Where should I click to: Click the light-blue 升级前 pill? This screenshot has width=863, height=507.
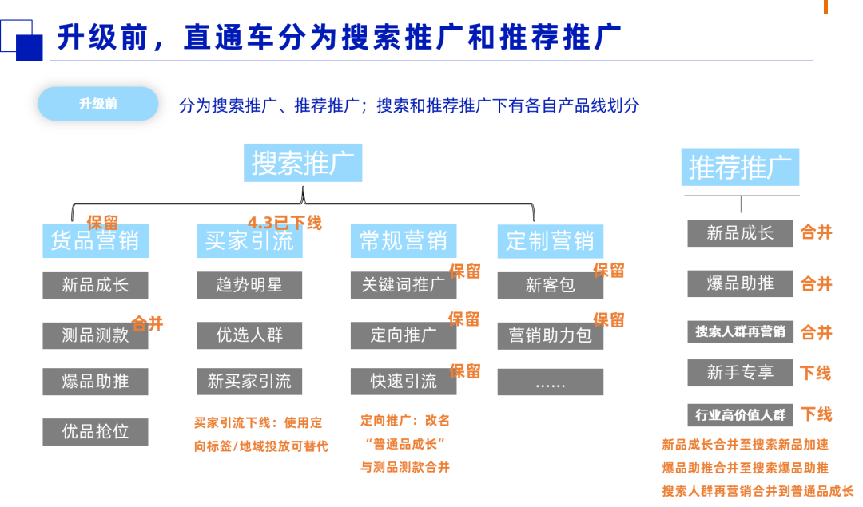point(98,104)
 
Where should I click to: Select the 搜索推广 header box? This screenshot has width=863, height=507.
point(303,163)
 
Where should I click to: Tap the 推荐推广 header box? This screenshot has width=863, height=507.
point(740,167)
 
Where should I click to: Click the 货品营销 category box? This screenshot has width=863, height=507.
point(95,241)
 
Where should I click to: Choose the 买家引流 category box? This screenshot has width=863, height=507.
point(249,241)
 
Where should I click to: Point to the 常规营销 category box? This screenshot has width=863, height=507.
point(403,241)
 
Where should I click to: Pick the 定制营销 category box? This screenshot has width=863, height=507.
point(550,241)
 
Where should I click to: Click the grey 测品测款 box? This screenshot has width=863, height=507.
point(95,335)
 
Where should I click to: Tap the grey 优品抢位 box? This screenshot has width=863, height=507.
point(95,432)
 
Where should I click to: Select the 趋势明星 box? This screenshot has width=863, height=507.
point(249,285)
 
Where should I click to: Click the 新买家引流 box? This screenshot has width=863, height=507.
point(249,382)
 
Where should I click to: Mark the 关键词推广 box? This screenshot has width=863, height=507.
point(403,285)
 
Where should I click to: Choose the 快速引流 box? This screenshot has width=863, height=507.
point(403,382)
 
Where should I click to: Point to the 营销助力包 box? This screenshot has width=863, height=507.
point(550,335)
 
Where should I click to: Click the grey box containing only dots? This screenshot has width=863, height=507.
point(550,382)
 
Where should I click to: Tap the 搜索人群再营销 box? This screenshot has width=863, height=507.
point(740,331)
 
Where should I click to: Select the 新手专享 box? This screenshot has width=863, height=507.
point(740,373)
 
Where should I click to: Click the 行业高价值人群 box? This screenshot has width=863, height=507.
point(740,415)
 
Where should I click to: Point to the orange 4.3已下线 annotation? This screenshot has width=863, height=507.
point(284,223)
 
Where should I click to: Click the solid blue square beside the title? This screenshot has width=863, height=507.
point(29,48)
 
